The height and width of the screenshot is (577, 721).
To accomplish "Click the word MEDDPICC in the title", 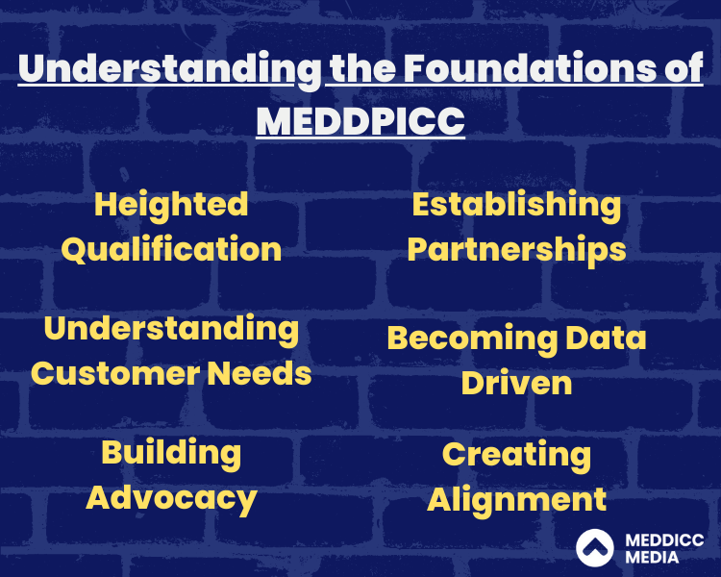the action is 360,121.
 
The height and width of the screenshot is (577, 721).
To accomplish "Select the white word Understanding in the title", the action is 170,70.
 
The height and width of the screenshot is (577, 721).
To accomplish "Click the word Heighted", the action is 171,205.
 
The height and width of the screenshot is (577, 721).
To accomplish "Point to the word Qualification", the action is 171,249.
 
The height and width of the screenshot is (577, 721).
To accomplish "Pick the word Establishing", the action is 516,205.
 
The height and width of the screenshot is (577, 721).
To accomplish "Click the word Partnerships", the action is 516,251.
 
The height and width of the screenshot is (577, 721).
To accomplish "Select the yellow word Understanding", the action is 171,331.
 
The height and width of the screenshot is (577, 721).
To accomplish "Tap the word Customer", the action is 115,373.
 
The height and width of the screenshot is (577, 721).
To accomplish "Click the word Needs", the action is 260,373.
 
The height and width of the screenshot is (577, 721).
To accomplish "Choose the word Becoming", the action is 472,339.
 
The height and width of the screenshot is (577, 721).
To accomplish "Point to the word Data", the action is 606,338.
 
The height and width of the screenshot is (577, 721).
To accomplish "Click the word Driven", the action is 516,383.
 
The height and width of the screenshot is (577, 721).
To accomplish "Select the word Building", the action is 171,454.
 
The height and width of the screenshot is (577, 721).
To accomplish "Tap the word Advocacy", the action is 171,499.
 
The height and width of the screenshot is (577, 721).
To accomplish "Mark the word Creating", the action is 516,456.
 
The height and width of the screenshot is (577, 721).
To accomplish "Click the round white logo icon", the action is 594,547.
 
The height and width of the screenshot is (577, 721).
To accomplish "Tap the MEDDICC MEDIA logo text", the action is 664,548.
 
